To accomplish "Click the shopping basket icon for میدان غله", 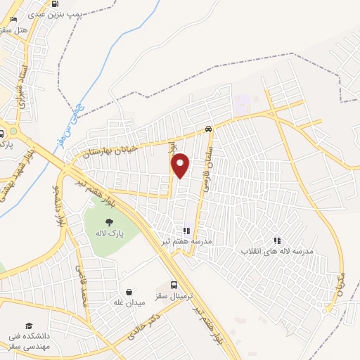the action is (129, 292).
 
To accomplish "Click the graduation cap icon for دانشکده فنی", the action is (29, 326).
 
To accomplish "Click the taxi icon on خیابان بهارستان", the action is (208, 129).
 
